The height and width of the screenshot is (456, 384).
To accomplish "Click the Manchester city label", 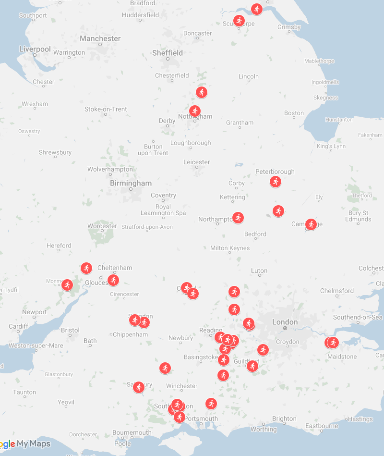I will [100, 38].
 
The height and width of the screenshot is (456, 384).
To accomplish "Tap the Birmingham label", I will [131, 183].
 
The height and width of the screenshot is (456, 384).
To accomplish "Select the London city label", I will [285, 322].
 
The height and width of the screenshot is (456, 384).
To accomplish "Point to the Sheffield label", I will [167, 53].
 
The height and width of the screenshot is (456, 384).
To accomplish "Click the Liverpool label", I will [35, 49].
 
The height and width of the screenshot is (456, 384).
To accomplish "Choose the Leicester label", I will [196, 162].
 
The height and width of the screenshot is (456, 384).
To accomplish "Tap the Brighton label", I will [284, 419].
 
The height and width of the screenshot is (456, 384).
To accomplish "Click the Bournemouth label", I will [132, 432].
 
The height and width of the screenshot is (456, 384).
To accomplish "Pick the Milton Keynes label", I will [230, 248].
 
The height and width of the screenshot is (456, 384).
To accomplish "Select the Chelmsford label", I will [336, 291].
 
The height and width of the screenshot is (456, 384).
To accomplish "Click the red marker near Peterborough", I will [275, 182].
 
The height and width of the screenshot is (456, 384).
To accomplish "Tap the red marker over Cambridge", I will [311, 224].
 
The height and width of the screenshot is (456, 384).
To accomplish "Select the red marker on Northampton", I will [238, 218].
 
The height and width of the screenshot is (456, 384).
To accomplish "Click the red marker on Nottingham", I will [194, 111].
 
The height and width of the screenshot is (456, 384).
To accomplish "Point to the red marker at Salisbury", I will [139, 387].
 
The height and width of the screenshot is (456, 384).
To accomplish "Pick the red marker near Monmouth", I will [67, 284].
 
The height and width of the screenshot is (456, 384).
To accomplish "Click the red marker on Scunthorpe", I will [239, 21].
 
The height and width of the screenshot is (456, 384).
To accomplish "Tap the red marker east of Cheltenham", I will [113, 280].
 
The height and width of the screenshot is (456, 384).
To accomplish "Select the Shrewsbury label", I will [55, 152].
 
